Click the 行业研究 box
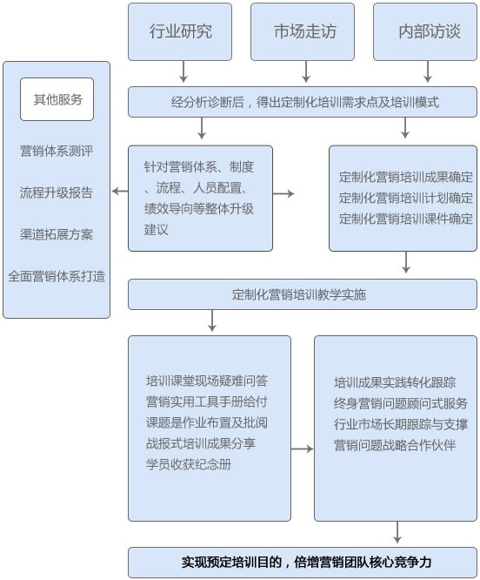180,32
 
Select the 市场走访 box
303,32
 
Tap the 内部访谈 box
425,32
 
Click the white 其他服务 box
57,99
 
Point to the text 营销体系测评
57,151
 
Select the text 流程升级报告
57,192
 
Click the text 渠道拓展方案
57,234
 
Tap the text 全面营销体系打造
57,276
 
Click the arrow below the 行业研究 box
183,71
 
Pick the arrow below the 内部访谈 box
428,71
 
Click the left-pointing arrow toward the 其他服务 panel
120,192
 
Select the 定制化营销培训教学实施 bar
303,294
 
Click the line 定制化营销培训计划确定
406,198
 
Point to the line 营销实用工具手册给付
207,401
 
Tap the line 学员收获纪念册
189,464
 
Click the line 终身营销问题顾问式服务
401,403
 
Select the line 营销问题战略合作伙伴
395,445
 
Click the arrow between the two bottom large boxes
302,449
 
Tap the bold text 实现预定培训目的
232,563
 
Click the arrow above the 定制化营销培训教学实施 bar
406,262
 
